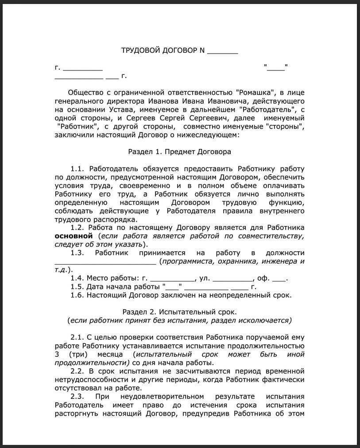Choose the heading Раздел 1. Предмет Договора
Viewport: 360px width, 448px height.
click(179, 152)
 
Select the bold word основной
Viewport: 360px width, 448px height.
click(74, 236)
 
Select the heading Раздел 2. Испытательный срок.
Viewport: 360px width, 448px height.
click(179, 312)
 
